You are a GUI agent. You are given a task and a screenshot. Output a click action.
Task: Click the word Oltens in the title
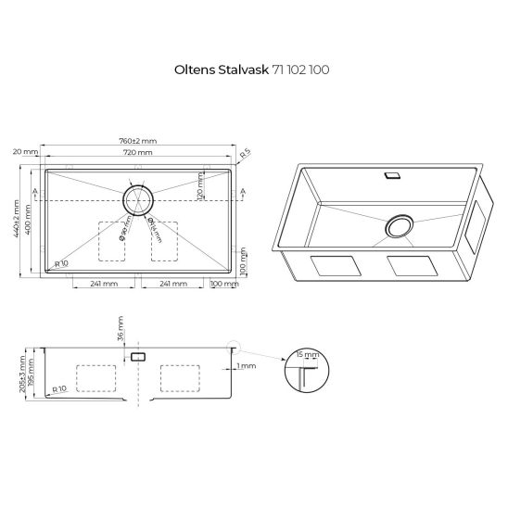pos(194,70)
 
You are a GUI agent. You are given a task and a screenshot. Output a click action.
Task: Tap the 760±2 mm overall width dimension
pos(138,140)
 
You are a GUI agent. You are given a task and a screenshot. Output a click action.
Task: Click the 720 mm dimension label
pos(138,151)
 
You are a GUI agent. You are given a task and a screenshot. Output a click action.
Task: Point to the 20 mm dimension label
pos(25,151)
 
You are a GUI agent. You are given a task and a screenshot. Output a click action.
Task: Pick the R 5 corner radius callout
pos(246,154)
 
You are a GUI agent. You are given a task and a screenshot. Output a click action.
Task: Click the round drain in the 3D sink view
pos(400,228)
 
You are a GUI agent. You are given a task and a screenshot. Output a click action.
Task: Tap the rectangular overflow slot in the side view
pos(138,356)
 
